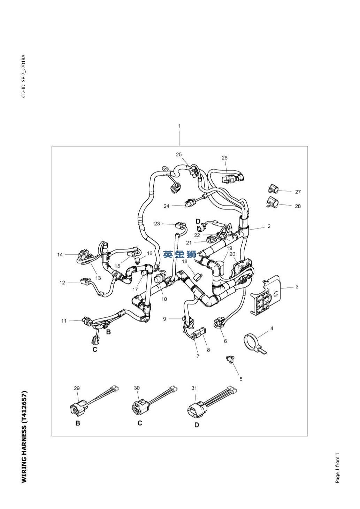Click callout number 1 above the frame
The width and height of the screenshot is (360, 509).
pyautogui.click(x=179, y=126)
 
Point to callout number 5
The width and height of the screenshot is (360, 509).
pyautogui.click(x=241, y=379)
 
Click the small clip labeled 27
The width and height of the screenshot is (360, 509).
pyautogui.click(x=272, y=189)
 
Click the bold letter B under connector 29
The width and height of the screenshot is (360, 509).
pyautogui.click(x=78, y=423)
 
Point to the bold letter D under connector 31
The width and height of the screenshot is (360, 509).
pyautogui.click(x=197, y=425)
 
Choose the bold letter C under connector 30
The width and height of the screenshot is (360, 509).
pyautogui.click(x=140, y=423)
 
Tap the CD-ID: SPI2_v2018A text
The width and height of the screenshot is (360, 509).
pyautogui.click(x=24, y=76)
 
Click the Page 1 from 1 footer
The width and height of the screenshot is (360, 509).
pyautogui.click(x=337, y=468)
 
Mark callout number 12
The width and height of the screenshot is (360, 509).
pyautogui.click(x=62, y=283)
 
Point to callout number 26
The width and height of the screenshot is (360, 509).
pyautogui.click(x=225, y=158)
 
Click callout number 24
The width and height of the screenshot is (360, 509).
pyautogui.click(x=167, y=206)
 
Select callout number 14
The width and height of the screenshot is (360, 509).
pyautogui.click(x=60, y=255)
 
